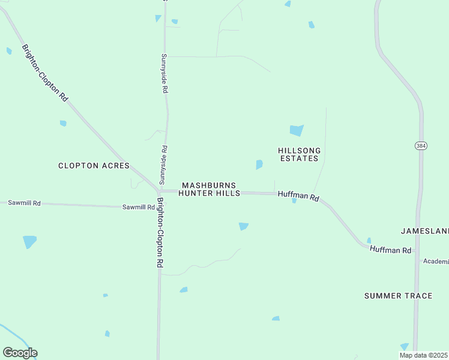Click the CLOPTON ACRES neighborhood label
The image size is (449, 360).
click(x=94, y=166)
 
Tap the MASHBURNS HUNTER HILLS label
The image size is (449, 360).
click(x=209, y=190)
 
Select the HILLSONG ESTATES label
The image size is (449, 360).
click(x=299, y=154)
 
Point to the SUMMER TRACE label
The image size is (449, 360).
click(x=398, y=296)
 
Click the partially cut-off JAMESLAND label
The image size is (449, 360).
click(x=424, y=231)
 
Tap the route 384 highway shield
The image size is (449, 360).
click(x=420, y=146)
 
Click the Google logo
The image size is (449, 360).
click(x=20, y=353)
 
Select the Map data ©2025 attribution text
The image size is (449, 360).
click(x=423, y=355)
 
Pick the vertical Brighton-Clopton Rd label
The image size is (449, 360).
click(x=160, y=233)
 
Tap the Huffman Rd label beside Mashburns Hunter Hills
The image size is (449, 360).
click(x=298, y=196)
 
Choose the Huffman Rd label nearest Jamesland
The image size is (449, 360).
click(x=391, y=250)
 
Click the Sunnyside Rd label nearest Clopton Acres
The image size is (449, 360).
click(x=163, y=165)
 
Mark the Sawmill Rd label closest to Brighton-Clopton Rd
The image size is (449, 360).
click(x=139, y=207)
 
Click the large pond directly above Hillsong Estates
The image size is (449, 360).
click(x=297, y=130)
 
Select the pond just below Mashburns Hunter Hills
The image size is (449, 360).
click(x=243, y=226)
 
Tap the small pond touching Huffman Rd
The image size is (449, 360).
click(x=294, y=201)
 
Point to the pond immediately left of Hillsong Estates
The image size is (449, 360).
click(x=259, y=164)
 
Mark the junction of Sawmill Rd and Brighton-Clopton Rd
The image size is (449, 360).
click(x=159, y=208)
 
